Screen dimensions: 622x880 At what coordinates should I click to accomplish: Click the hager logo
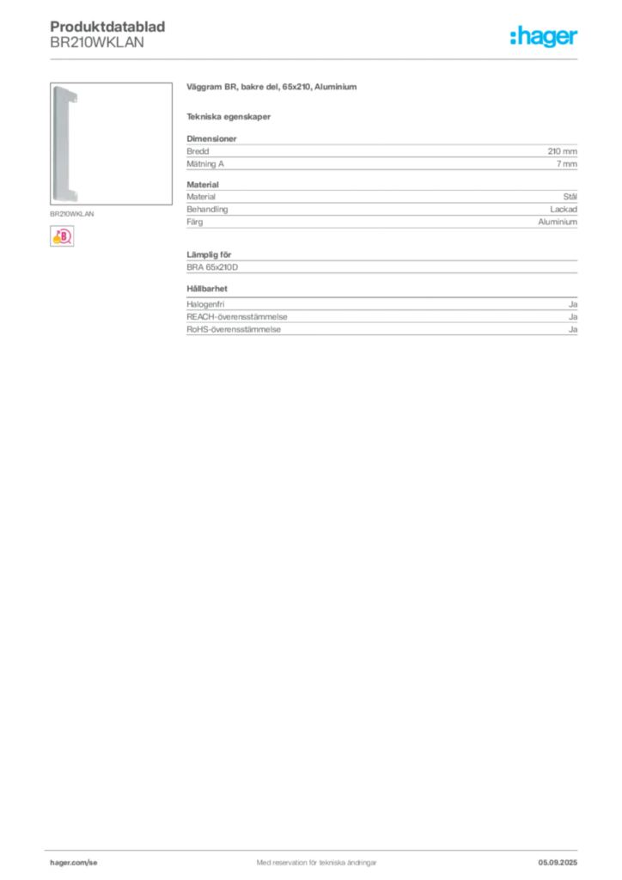[543, 36]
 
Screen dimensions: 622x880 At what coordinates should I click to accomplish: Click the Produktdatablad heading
[107, 27]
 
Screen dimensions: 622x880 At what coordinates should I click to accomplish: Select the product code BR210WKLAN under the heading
[97, 43]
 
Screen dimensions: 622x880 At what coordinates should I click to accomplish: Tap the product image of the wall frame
[111, 144]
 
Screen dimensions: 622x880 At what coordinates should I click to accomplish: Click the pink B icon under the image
[62, 236]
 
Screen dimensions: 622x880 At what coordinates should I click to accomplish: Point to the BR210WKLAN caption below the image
[72, 214]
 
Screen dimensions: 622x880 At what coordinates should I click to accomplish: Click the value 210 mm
[562, 151]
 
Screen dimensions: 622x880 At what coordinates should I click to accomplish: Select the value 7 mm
[566, 164]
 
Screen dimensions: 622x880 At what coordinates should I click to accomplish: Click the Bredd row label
[198, 151]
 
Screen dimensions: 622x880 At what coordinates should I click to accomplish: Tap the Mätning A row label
[205, 164]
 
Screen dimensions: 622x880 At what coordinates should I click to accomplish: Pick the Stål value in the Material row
[570, 197]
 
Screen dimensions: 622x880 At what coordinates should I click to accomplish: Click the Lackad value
[563, 210]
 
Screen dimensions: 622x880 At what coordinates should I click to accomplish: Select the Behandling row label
[207, 210]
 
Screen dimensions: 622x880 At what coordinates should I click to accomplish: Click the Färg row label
[195, 222]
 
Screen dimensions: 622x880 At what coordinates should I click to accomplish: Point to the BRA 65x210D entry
[212, 267]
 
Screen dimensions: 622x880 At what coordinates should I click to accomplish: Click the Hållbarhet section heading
[207, 289]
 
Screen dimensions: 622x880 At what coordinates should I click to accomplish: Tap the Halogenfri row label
[205, 304]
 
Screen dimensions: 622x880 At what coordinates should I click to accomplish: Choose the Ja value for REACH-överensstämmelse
[573, 316]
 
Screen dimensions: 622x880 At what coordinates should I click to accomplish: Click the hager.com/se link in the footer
[74, 863]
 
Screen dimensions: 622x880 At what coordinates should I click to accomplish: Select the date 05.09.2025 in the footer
[558, 863]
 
